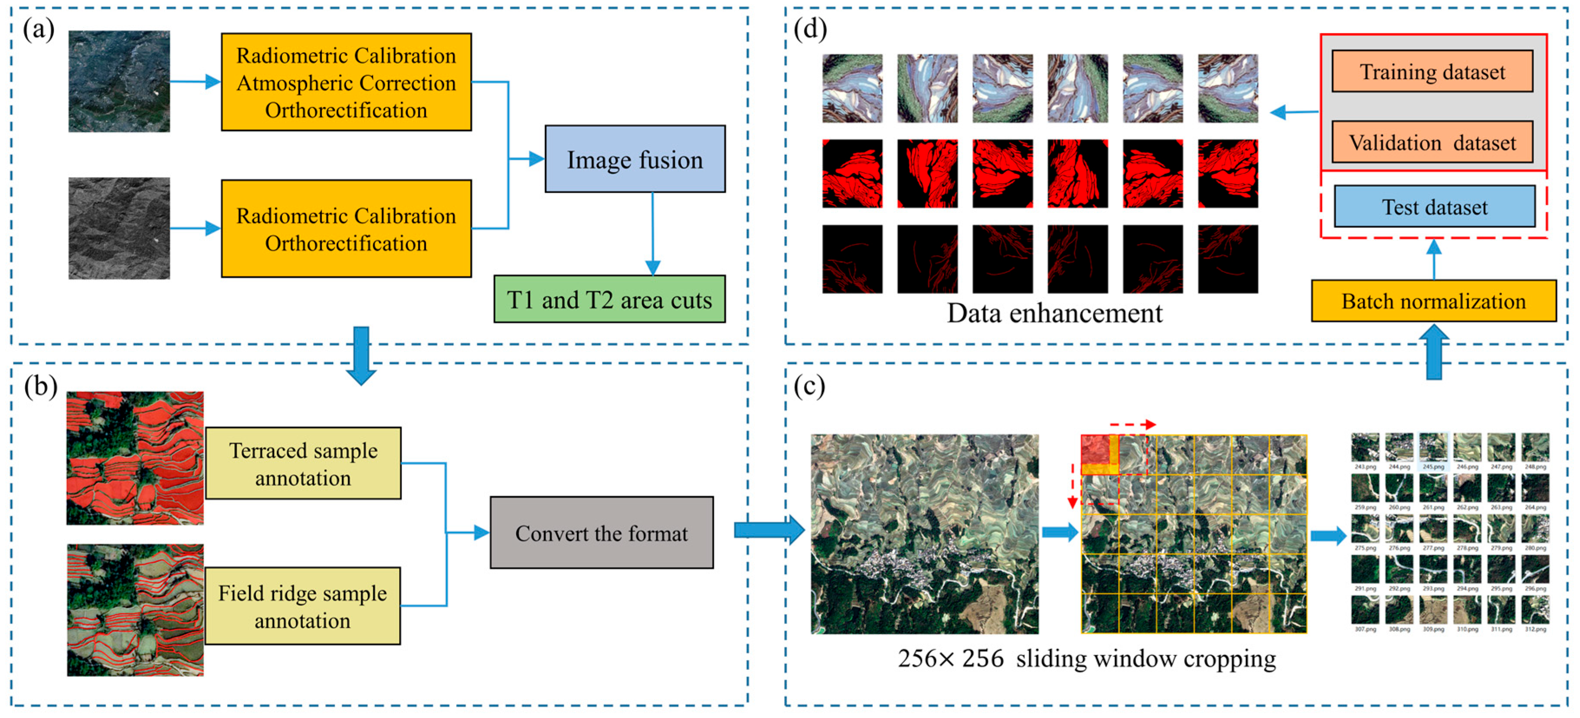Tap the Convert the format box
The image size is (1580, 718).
click(601, 533)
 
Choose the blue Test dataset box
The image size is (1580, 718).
click(1434, 207)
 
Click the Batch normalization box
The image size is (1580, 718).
click(1433, 301)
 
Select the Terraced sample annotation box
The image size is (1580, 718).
click(303, 463)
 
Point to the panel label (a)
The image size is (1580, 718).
click(38, 29)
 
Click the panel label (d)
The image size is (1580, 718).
click(810, 29)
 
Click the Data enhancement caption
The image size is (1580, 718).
click(1054, 313)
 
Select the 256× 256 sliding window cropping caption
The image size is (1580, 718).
click(1086, 659)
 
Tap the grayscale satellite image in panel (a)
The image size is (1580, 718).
click(119, 228)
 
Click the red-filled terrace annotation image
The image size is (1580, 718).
click(135, 458)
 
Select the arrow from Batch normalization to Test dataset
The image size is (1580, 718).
click(1433, 260)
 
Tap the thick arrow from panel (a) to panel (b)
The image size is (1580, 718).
click(361, 355)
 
